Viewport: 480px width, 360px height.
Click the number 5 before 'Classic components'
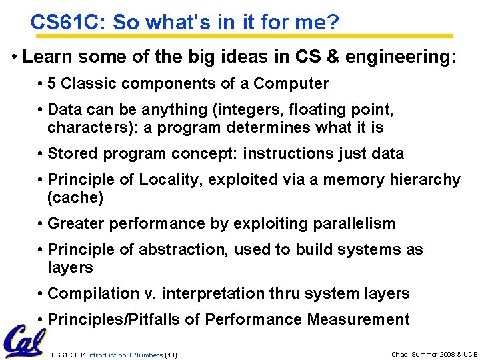[52, 83]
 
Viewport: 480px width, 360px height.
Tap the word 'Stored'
[72, 153]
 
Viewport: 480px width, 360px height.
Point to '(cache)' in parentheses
[75, 197]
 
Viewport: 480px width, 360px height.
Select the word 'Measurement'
[358, 319]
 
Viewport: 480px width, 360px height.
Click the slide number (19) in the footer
[170, 355]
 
